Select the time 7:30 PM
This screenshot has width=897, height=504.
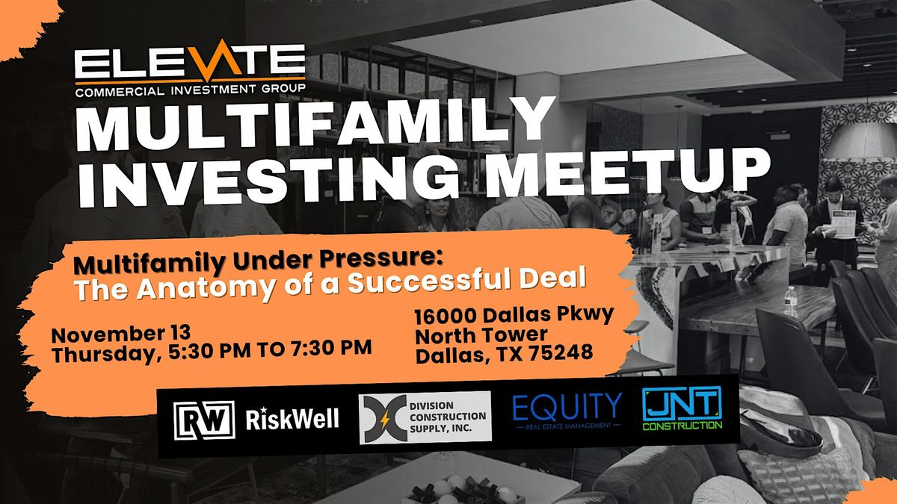333,349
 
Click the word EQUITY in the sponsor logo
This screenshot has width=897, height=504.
567,407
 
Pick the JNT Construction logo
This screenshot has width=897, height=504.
682,410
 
